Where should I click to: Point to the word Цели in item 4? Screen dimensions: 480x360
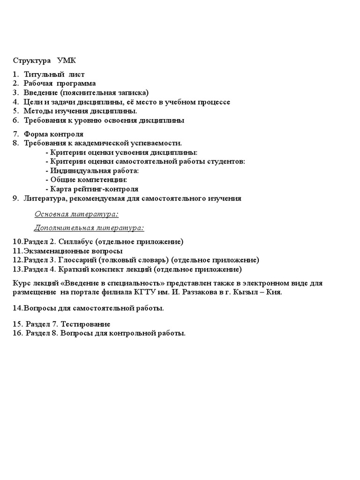[x=33, y=102]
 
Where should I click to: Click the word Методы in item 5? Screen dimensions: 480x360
[x=37, y=111]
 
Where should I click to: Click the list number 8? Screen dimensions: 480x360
[x=15, y=143]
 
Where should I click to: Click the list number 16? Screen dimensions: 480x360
[x=18, y=334]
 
